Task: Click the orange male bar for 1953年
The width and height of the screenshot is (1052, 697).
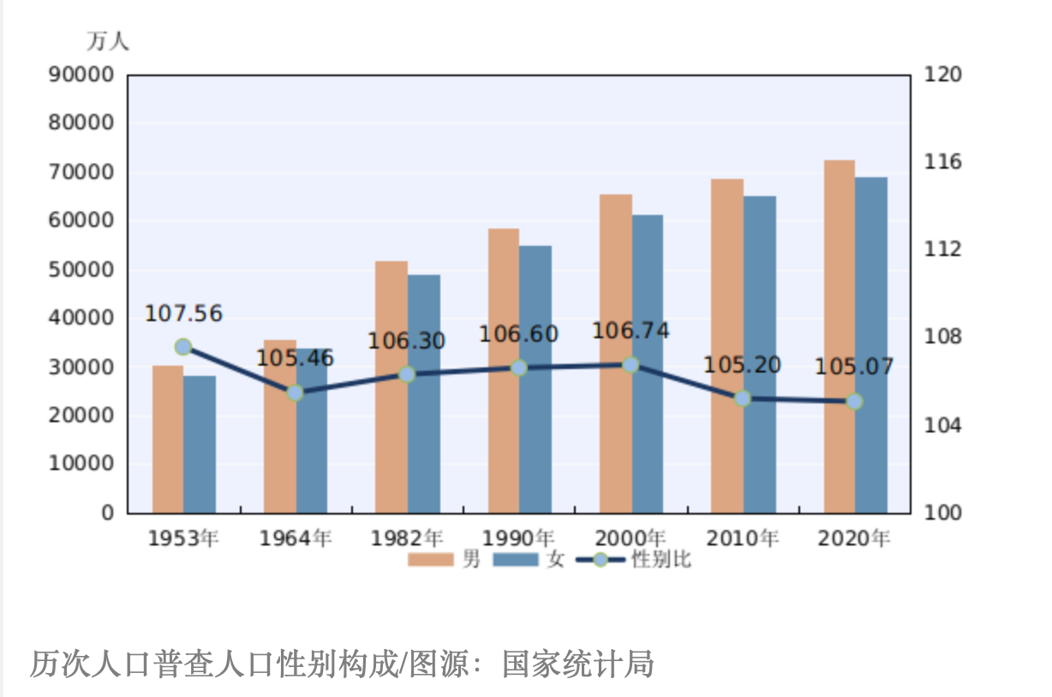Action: point(168,439)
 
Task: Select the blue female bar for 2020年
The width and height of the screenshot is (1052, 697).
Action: point(871,345)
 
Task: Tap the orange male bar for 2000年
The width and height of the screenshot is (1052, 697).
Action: point(616,354)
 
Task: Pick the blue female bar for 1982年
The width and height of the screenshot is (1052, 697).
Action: point(424,394)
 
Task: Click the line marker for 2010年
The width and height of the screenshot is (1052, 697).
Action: point(743,398)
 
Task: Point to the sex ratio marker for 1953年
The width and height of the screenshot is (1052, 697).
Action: point(183,347)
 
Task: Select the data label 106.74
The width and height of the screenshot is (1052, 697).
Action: point(631,331)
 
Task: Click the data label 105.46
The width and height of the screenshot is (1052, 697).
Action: point(295,358)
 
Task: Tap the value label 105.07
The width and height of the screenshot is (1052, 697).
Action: point(854,366)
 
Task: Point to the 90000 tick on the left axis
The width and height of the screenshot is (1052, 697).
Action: point(81,74)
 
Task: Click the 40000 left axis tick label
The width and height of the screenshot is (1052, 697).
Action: point(81,318)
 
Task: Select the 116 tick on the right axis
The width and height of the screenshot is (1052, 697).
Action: point(943,162)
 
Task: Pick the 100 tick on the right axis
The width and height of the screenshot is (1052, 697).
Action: point(943,513)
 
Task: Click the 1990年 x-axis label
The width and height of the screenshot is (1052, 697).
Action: point(518,538)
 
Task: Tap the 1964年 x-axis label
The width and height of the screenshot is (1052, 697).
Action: point(296,538)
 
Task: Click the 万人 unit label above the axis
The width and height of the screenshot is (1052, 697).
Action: point(108,41)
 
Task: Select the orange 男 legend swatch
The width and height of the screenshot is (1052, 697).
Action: point(431,559)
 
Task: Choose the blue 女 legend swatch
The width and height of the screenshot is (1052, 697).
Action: point(516,559)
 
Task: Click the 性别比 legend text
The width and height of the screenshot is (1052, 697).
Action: point(661,559)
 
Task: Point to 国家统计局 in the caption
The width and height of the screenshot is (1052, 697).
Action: point(578,664)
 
